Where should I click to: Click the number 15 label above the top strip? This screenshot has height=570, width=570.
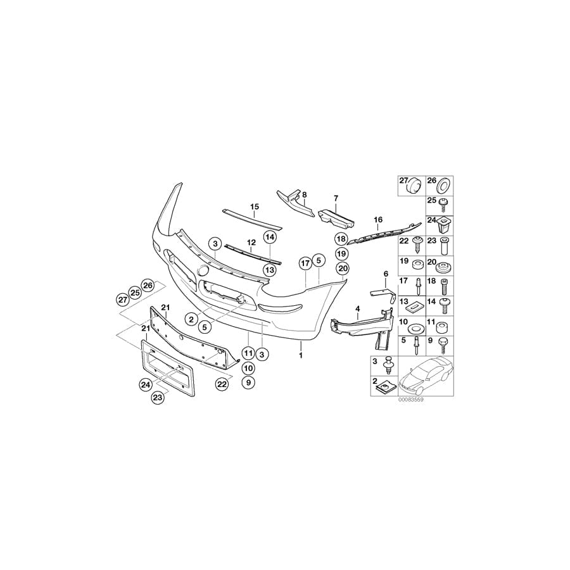click(255, 206)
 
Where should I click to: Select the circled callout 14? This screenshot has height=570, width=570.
click(270, 237)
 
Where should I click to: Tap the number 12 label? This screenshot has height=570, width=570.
click(251, 242)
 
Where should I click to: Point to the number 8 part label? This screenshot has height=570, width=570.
click(304, 194)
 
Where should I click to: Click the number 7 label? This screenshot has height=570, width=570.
click(336, 198)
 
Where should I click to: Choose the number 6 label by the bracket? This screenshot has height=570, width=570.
click(384, 273)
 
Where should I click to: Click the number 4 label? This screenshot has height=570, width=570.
click(357, 308)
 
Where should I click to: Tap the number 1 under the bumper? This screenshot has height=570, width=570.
click(301, 355)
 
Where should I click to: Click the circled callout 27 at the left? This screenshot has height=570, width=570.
click(123, 300)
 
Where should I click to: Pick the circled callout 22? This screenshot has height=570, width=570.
click(222, 384)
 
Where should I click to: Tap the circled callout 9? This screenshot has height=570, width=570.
click(248, 383)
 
